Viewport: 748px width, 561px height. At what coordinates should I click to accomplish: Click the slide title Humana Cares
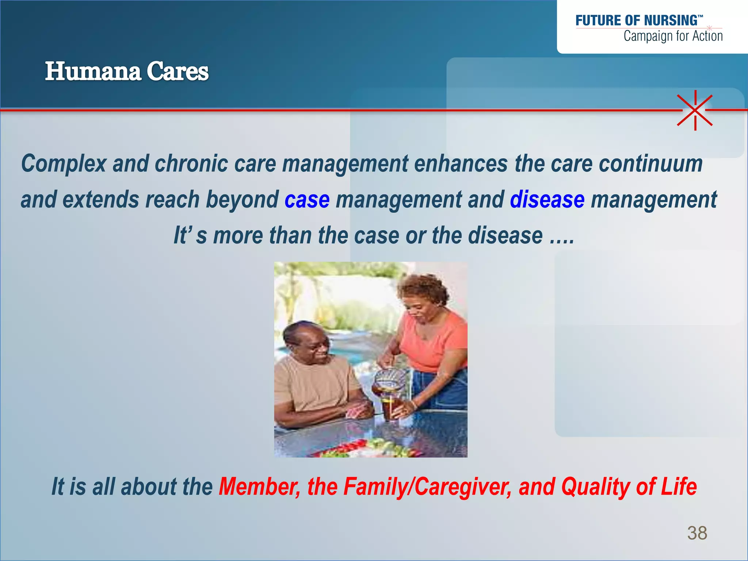(x=127, y=71)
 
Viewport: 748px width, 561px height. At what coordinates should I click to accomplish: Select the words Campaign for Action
(x=673, y=36)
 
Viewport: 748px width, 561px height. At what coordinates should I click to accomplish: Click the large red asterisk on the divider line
(x=695, y=110)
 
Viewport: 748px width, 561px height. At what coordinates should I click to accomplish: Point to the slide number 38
(x=697, y=533)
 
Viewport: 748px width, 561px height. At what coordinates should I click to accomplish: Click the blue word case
(x=307, y=200)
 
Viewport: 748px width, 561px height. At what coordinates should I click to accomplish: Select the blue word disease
(x=547, y=200)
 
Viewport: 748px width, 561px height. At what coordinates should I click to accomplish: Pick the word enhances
(x=461, y=164)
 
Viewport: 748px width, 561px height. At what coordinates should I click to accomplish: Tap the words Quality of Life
(x=629, y=486)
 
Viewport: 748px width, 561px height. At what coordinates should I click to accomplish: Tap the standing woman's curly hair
(x=423, y=289)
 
